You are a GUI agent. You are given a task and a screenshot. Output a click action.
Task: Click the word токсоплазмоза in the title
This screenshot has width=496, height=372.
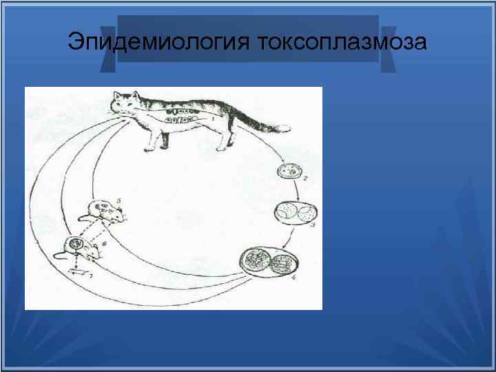(342, 43)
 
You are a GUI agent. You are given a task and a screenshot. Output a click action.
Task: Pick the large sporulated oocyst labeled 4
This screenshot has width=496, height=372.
(271, 263)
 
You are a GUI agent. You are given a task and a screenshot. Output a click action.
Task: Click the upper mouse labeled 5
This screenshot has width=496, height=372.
(107, 212)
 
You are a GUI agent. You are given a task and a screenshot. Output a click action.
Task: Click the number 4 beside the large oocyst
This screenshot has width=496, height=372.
(293, 279)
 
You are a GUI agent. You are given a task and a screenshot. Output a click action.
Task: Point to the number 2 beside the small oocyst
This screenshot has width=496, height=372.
(306, 180)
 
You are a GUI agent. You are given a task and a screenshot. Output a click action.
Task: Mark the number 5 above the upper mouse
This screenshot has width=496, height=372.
(118, 199)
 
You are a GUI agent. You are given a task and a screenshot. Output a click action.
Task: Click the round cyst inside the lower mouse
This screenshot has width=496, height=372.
(74, 245)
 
